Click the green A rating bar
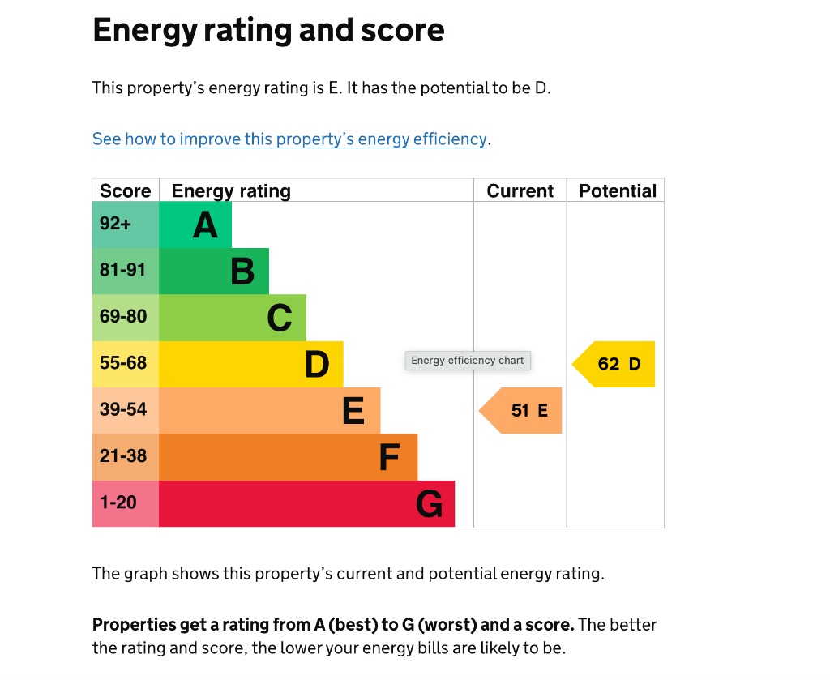195,225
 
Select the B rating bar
214,271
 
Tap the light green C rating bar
233,318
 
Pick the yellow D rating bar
251,364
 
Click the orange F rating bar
288,457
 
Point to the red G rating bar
306,503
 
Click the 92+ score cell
126,225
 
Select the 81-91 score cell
126,271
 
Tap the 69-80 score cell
126,318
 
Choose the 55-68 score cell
126,364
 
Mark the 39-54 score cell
126,410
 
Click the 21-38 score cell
126,457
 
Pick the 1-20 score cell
126,503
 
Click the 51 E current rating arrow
523,410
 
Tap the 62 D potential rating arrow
615,364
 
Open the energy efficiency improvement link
289,139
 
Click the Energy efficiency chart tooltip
468,361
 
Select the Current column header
520,191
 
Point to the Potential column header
617,191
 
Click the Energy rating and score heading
268,31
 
